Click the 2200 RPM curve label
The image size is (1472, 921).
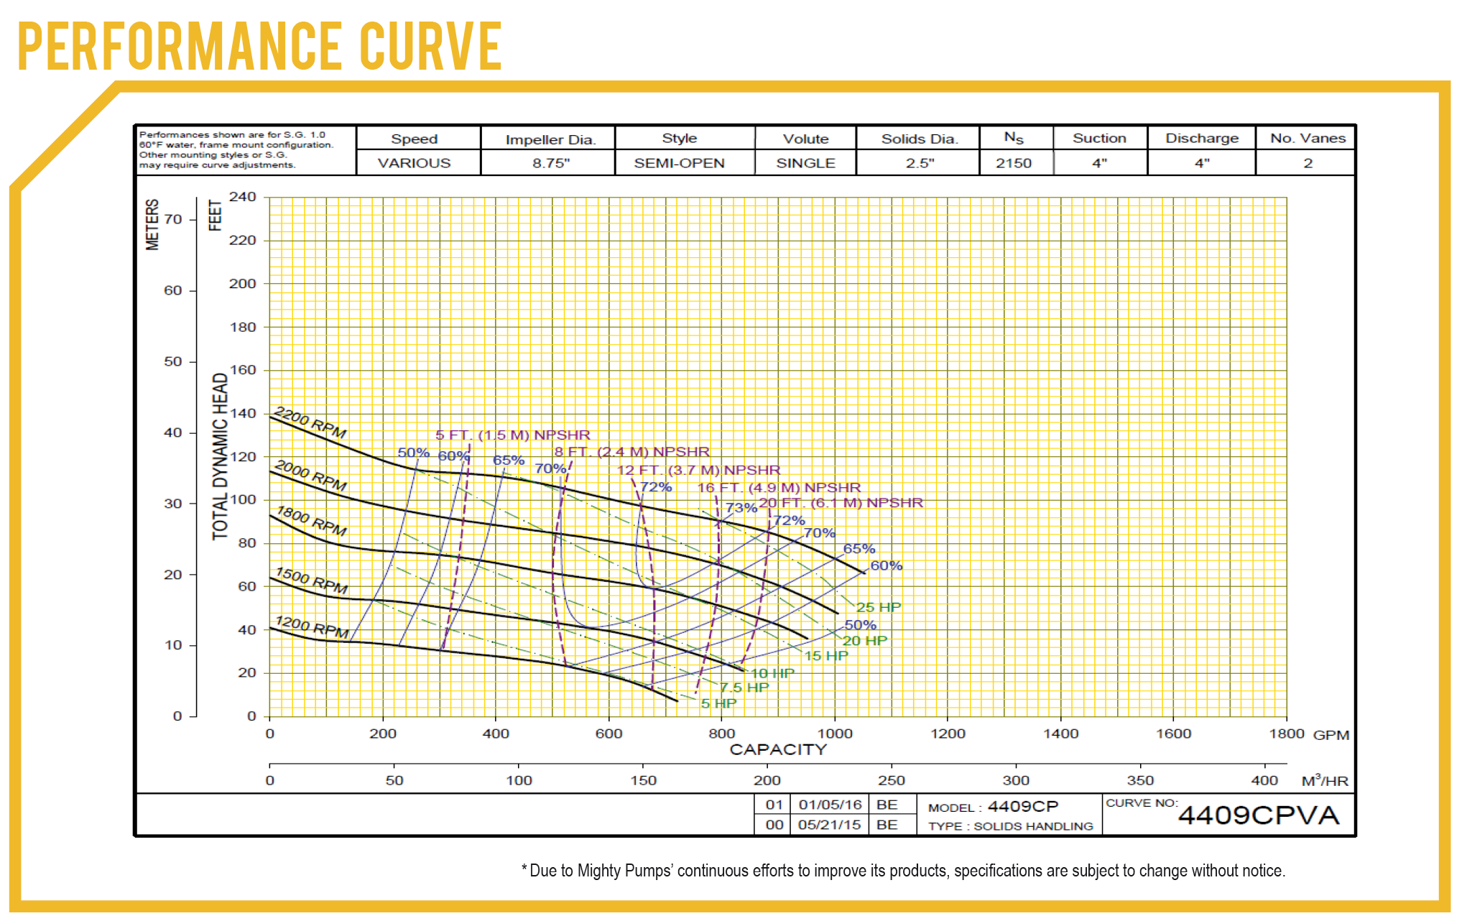(x=310, y=423)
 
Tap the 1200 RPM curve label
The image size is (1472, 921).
(x=312, y=626)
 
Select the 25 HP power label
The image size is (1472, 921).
(x=878, y=607)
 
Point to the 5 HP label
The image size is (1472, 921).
(x=718, y=703)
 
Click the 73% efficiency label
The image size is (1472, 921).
(x=741, y=507)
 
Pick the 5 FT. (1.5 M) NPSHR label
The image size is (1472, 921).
(x=512, y=435)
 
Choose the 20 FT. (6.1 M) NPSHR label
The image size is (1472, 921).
(x=841, y=502)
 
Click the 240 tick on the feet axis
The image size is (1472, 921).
(x=242, y=197)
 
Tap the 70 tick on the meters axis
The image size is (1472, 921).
(x=173, y=219)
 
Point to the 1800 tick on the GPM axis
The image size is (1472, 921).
(x=1286, y=733)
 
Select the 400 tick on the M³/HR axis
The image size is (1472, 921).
(x=1264, y=780)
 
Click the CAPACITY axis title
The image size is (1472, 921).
(x=778, y=749)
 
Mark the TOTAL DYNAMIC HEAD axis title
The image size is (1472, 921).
(x=220, y=456)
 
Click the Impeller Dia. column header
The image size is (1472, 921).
(x=550, y=139)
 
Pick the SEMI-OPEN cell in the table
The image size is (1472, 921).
(x=679, y=163)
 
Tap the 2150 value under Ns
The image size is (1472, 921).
(x=1013, y=163)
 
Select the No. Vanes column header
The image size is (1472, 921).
(x=1307, y=138)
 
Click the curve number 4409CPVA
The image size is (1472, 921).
(x=1259, y=815)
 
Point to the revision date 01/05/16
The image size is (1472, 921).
(x=830, y=805)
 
